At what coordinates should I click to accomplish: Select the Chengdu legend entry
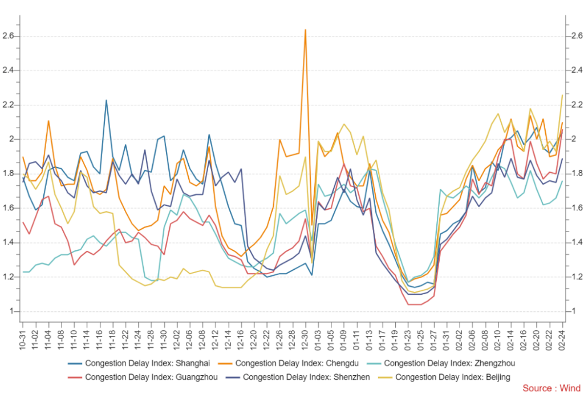290,363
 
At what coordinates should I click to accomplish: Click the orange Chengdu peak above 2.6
306,30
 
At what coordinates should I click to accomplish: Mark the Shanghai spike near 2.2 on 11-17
106,100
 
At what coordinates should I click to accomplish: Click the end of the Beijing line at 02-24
562,95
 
